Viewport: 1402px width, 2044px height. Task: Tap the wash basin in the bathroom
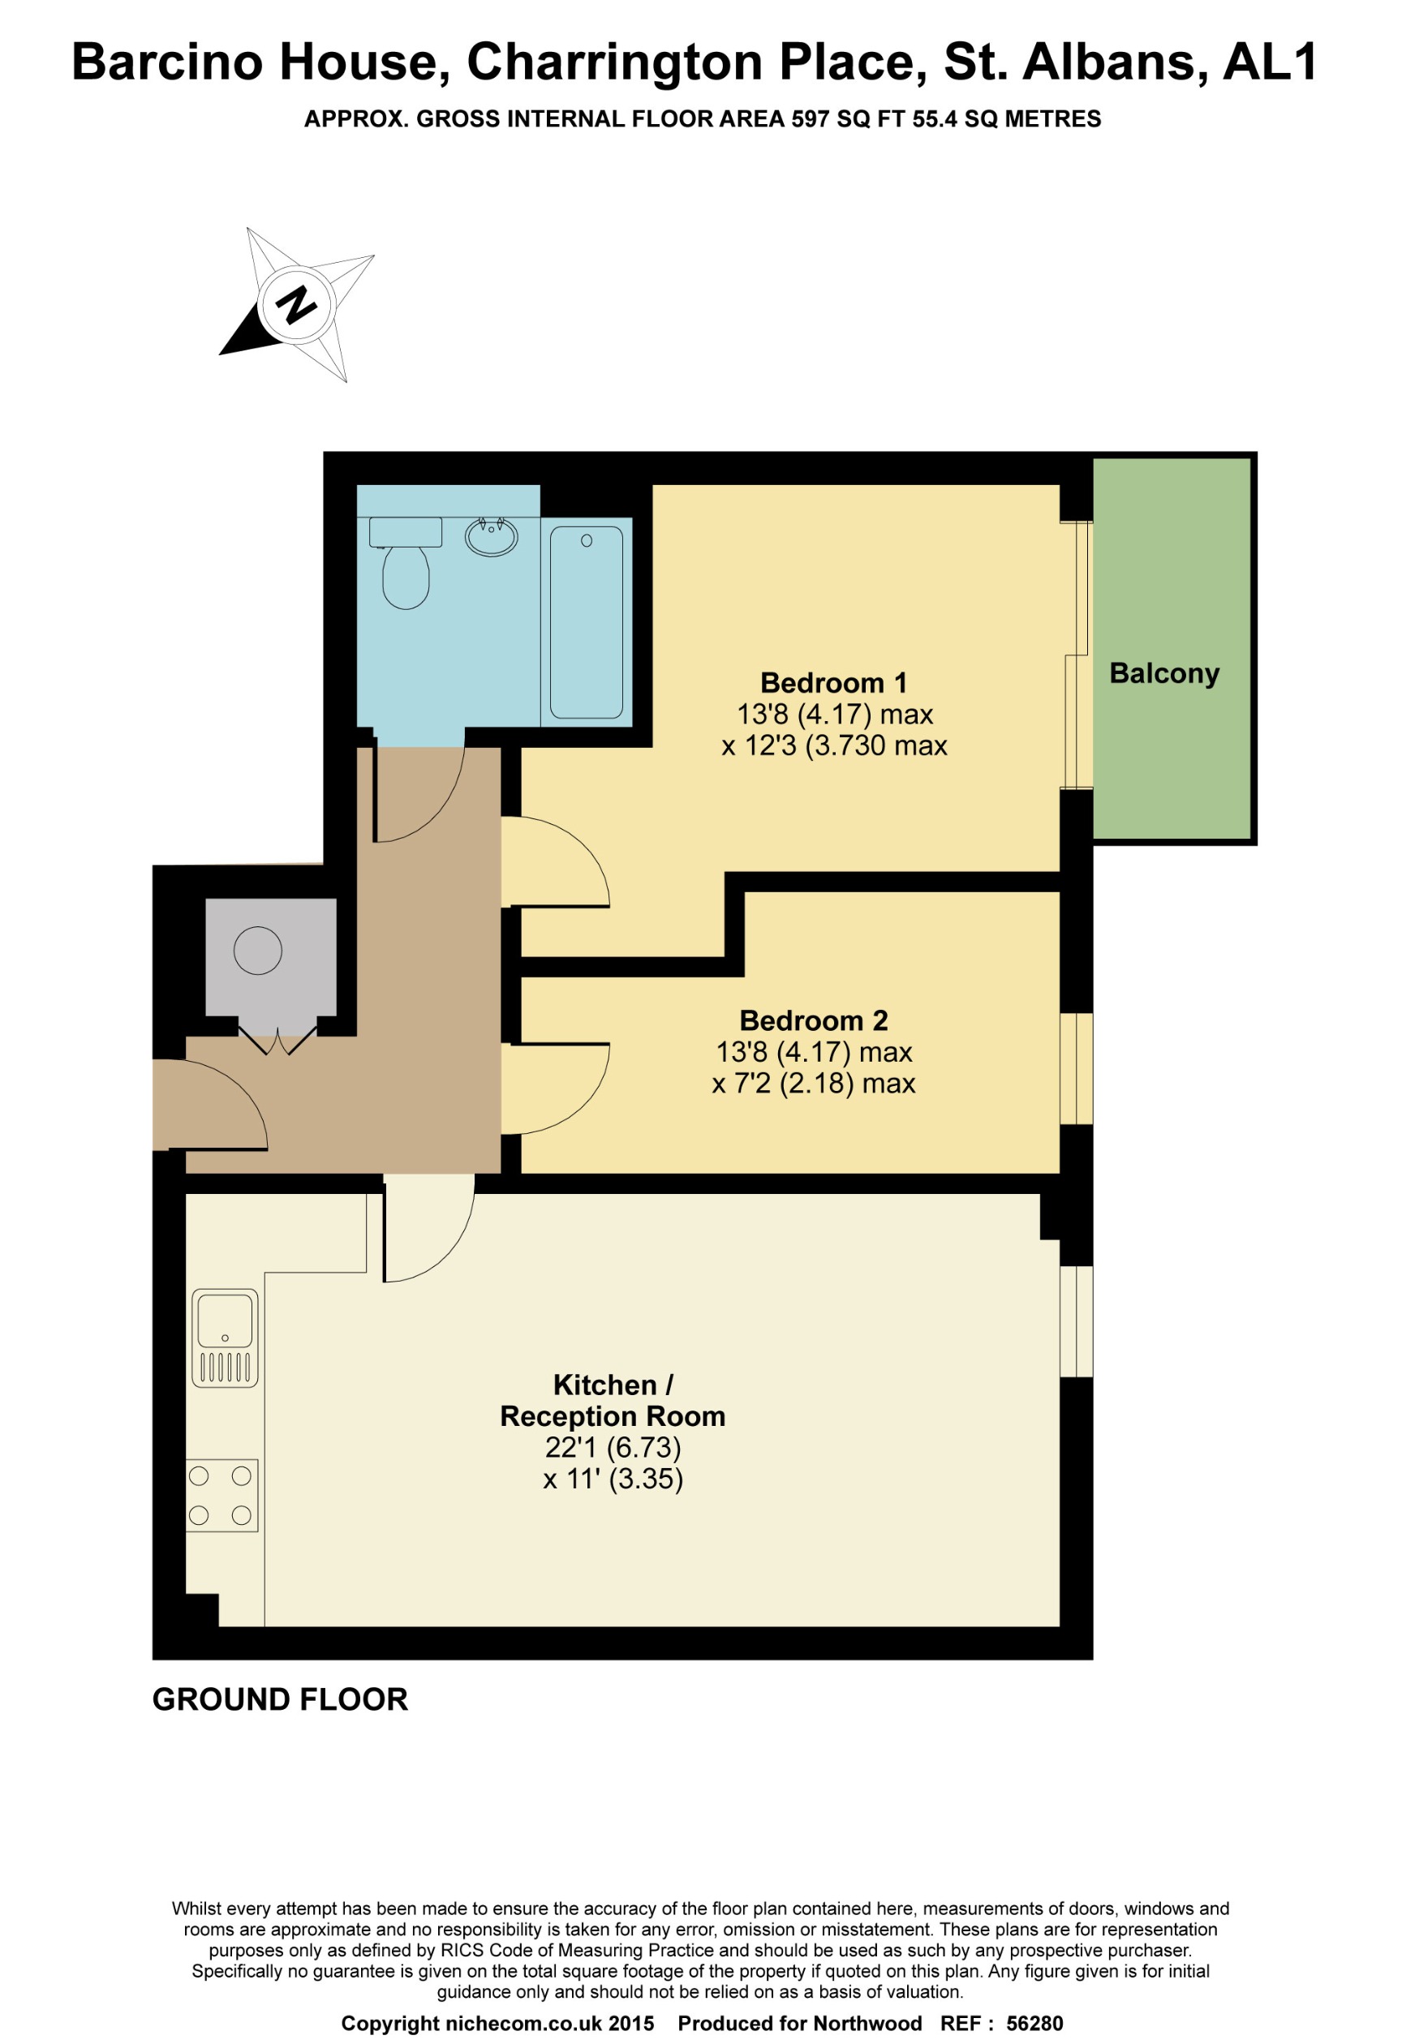[491, 536]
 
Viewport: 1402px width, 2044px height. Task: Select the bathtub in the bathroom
[586, 621]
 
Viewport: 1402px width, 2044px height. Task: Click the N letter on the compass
[295, 304]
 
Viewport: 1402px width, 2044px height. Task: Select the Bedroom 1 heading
[832, 682]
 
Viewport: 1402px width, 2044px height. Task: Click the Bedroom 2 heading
[813, 1020]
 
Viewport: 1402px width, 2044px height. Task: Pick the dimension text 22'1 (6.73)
[613, 1447]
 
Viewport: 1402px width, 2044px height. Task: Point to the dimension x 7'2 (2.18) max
[813, 1083]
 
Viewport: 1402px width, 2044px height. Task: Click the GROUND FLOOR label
[280, 1699]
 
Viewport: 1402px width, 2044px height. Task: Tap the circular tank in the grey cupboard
[258, 950]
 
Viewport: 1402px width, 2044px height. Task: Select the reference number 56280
[1034, 2023]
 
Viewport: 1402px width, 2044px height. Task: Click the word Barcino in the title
[166, 62]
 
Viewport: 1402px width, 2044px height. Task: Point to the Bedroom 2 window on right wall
[1076, 1067]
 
